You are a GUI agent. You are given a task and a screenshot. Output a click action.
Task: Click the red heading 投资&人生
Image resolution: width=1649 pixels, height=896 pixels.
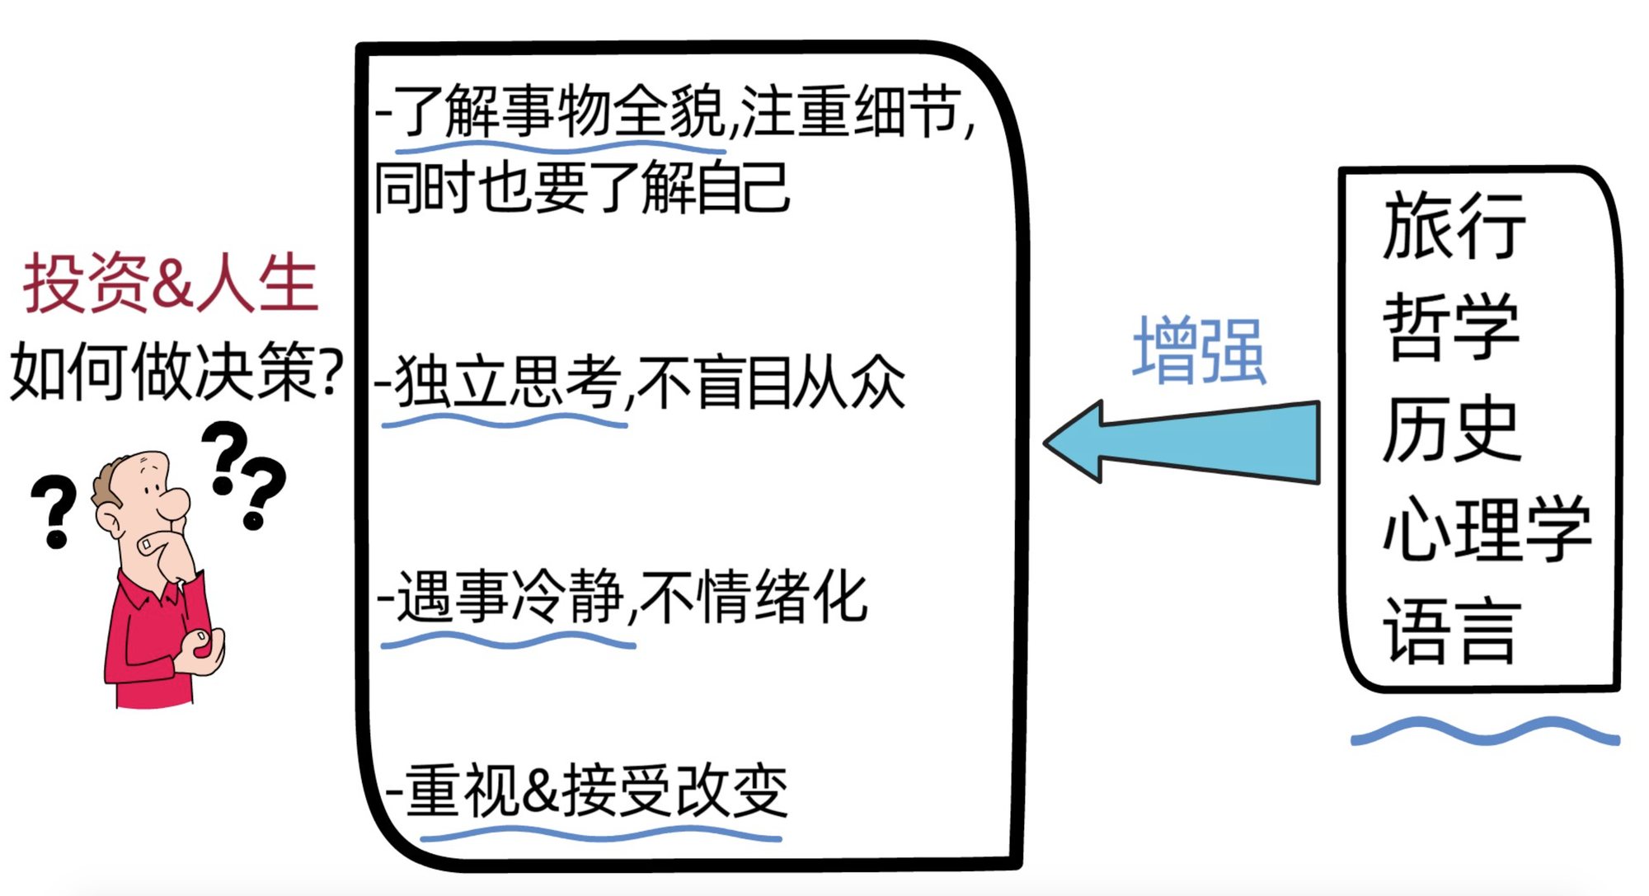click(171, 284)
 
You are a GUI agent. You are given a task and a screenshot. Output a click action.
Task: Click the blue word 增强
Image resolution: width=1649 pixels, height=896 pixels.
click(1199, 351)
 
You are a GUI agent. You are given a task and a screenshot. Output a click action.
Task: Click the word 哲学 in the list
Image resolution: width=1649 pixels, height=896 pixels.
click(1451, 327)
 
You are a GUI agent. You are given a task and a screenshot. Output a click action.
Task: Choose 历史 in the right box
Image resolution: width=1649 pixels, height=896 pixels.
click(1451, 429)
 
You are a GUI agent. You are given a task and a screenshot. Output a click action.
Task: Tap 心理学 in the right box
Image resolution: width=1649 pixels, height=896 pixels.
click(1487, 530)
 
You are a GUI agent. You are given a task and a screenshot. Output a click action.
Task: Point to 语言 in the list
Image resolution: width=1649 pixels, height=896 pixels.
click(1451, 631)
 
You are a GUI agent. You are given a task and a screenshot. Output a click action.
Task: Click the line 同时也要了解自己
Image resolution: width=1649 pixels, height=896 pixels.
click(582, 188)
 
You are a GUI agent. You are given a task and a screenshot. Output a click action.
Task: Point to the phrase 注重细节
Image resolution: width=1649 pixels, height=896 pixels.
click(849, 111)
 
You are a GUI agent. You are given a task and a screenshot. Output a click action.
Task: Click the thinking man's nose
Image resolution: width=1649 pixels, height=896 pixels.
click(176, 503)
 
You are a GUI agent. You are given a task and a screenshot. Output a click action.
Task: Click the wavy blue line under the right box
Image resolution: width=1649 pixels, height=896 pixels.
click(1485, 731)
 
